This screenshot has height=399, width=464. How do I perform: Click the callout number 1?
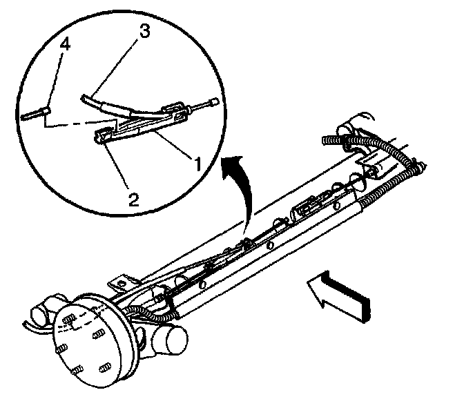(197, 164)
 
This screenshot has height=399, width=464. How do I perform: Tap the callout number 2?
(134, 200)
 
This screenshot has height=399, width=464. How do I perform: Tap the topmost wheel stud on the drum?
(70, 320)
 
